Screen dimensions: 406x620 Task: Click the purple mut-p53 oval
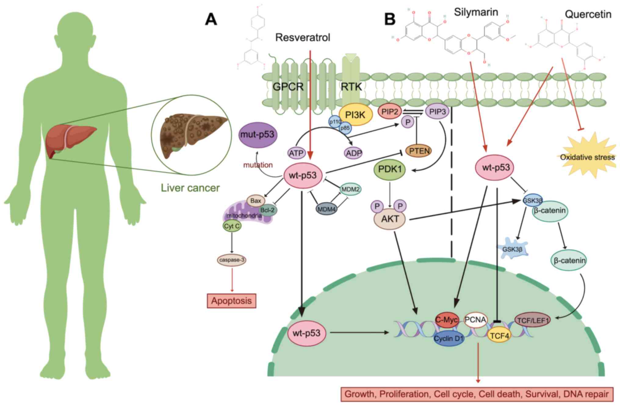click(258, 135)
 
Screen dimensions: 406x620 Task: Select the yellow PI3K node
click(355, 115)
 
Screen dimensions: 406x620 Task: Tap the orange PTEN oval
click(419, 151)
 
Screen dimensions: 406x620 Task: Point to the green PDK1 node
click(390, 169)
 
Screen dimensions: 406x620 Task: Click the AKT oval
click(390, 219)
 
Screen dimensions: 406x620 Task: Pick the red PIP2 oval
click(390, 112)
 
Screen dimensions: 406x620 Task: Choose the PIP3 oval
click(437, 112)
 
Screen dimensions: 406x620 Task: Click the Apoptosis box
click(231, 301)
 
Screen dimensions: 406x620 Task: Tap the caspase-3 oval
click(232, 260)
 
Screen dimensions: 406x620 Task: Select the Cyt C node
click(232, 226)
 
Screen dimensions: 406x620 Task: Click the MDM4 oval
click(326, 209)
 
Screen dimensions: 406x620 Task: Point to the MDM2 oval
click(351, 189)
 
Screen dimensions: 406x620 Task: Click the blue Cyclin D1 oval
click(449, 338)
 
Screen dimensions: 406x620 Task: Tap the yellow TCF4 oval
click(499, 336)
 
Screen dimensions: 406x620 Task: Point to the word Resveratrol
click(302, 38)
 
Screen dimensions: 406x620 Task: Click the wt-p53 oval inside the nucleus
click(306, 333)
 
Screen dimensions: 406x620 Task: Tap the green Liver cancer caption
click(190, 188)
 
